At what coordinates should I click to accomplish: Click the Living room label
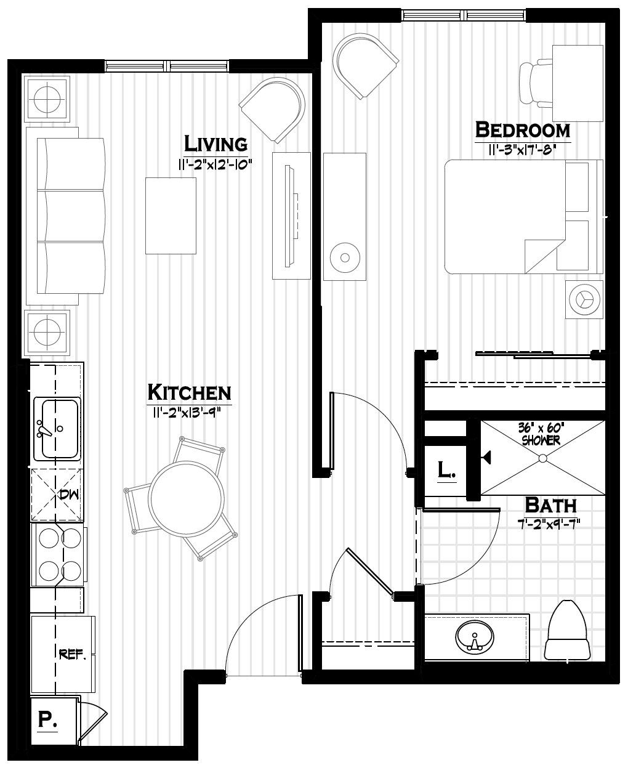click(x=216, y=144)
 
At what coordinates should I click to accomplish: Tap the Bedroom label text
click(x=523, y=130)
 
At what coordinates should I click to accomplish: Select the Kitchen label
click(x=189, y=392)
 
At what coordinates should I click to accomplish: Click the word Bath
click(x=550, y=505)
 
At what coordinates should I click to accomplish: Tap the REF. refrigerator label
click(x=72, y=654)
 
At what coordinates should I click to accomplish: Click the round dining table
click(x=187, y=498)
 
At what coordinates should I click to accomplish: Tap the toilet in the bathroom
click(x=570, y=631)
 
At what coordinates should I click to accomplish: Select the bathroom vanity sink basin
click(x=475, y=636)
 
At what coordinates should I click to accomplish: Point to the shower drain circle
click(x=543, y=458)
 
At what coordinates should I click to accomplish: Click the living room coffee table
click(x=171, y=216)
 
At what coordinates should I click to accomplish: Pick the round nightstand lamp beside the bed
click(x=582, y=298)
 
